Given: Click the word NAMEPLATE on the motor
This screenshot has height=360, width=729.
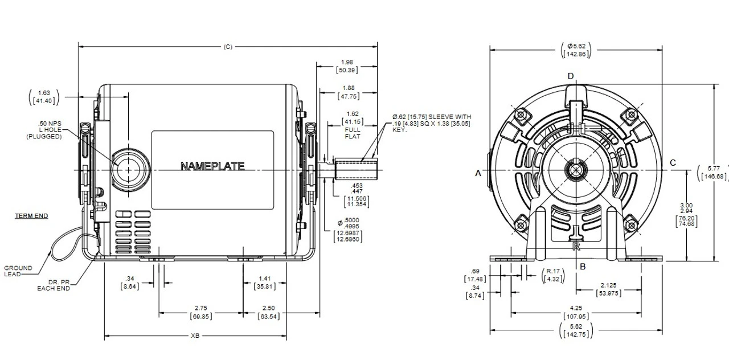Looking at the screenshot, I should pos(212,166).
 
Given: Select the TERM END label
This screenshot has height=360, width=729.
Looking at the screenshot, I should pos(31,216).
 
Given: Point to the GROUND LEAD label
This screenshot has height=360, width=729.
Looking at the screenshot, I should pos(18,271).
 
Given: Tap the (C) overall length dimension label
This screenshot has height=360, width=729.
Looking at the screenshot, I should pos(228,47).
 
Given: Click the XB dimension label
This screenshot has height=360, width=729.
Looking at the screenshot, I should pos(195,336).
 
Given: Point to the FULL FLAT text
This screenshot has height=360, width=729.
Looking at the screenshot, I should pos(353,133).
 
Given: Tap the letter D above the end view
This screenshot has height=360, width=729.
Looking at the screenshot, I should pos(571,76).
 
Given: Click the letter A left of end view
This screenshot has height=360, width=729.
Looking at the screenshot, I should pos(478,173).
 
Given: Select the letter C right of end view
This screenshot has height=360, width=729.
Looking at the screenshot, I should pos(673,163).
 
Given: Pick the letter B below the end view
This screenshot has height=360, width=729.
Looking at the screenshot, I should pos(582,266).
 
